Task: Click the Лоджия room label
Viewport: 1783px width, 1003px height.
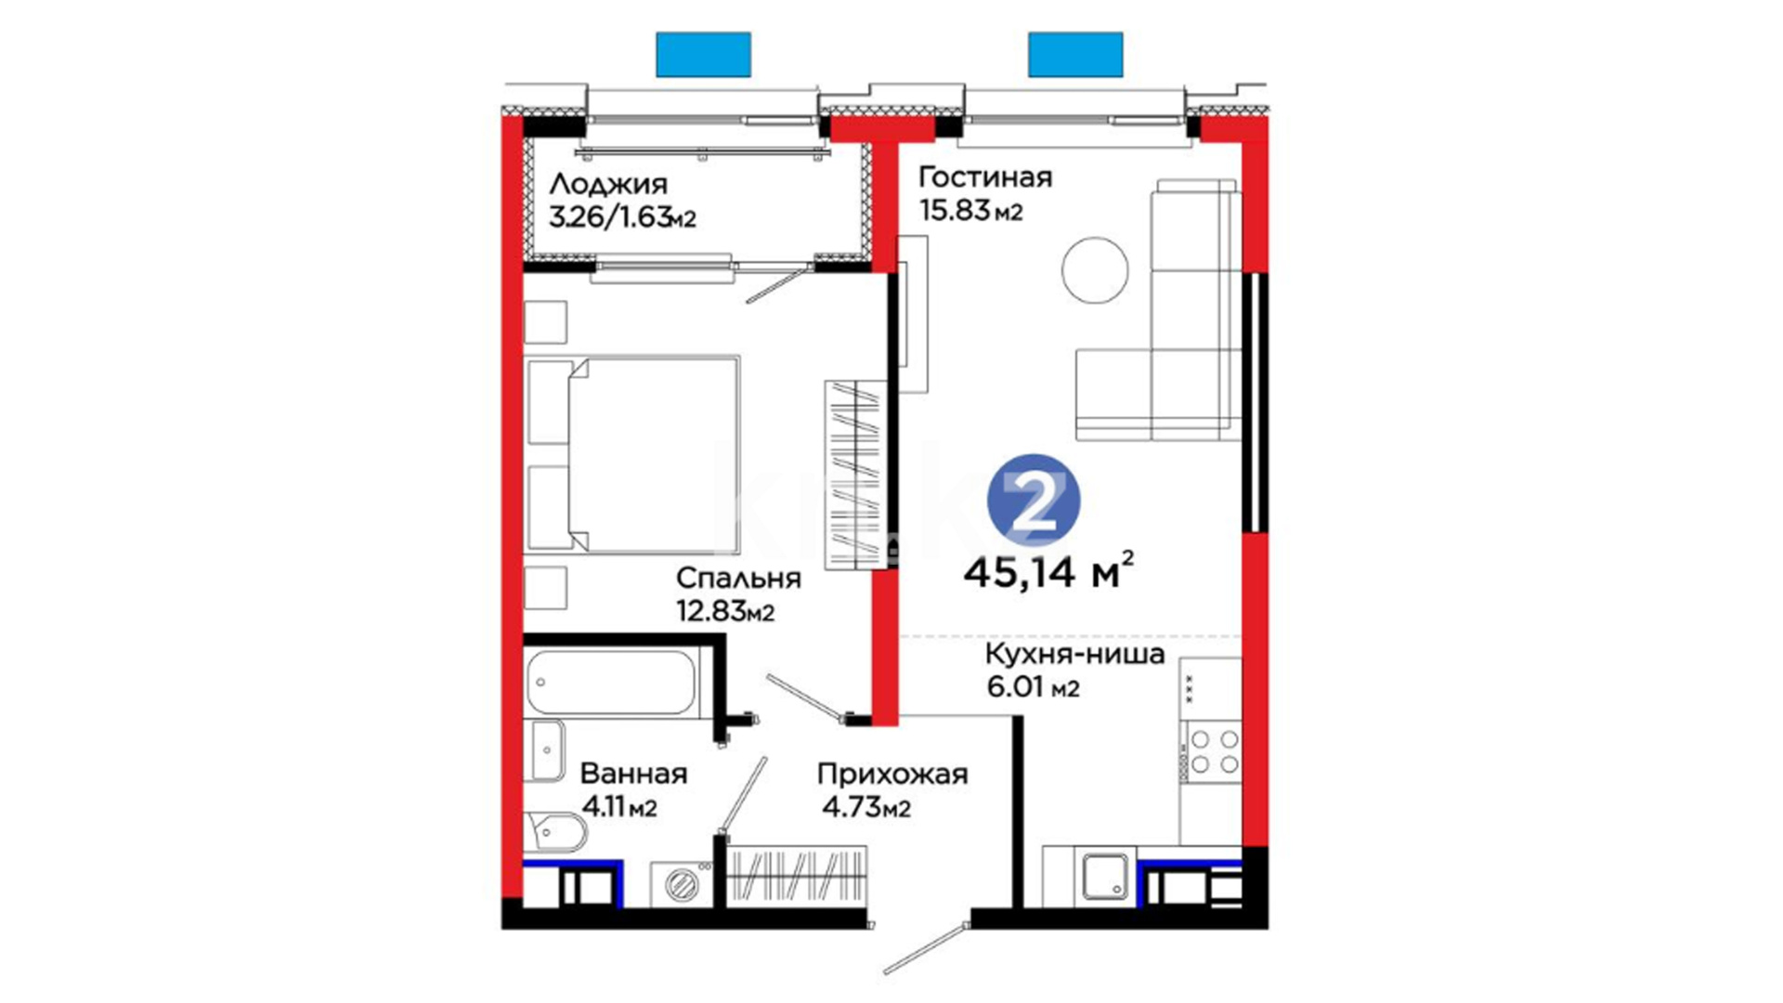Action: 607,184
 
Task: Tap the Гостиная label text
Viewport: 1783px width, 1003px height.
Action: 985,176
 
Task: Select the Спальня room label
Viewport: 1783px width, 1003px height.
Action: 738,578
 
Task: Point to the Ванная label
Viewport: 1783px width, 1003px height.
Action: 633,773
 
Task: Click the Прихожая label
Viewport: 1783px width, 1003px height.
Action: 892,774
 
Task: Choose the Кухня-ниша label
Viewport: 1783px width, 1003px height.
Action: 1074,654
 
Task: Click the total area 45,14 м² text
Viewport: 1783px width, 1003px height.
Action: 1048,571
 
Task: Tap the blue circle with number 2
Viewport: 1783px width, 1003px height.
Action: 1034,500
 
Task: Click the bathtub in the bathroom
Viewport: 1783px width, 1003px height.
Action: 611,683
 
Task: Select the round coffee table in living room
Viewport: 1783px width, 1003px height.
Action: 1095,269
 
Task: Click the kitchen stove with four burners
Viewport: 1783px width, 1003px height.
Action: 1211,752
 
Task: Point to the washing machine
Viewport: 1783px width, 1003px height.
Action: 683,884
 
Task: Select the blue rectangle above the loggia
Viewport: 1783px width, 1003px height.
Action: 703,54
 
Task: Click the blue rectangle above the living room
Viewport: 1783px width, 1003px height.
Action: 1075,54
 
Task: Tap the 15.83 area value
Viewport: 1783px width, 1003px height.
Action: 954,210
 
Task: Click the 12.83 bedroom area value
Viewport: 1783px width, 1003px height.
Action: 711,611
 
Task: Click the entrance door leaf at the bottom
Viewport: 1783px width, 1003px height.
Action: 926,948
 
